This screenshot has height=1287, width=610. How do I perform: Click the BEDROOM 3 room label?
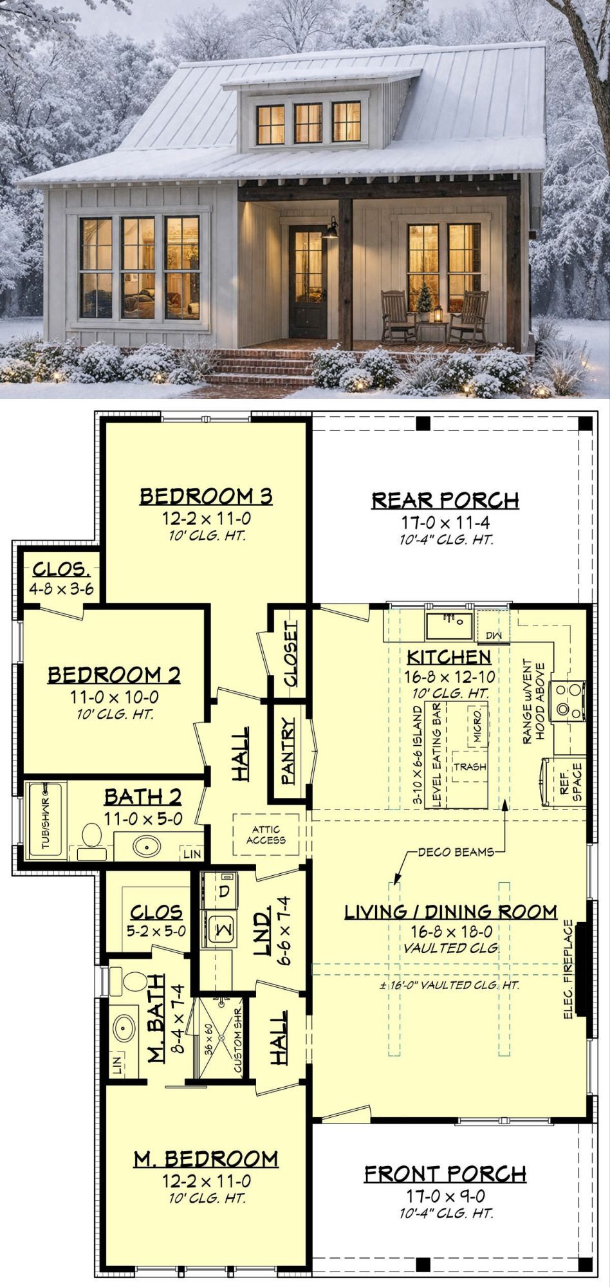pos(206,496)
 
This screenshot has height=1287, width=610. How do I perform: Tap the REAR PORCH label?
pos(445,500)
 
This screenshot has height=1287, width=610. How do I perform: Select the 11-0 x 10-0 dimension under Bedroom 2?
pos(114,697)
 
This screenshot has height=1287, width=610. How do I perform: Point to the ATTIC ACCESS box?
pos(266,835)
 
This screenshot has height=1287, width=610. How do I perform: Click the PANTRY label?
pos(288,751)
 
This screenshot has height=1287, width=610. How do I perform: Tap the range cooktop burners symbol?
pos(571,699)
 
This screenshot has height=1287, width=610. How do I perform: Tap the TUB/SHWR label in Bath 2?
pos(46,824)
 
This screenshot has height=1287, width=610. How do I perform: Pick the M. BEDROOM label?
pos(206,1159)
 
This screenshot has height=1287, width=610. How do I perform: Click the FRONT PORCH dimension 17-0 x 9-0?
pos(445,1195)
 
